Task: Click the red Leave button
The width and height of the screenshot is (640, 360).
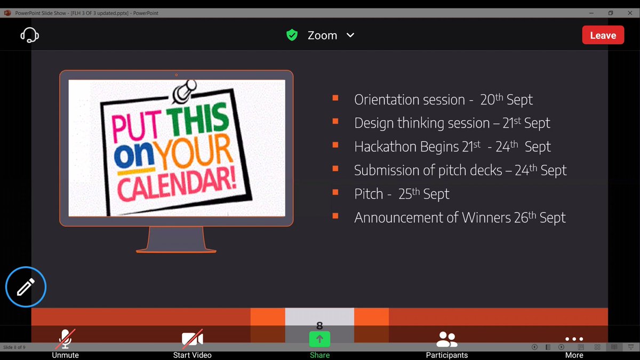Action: point(603,35)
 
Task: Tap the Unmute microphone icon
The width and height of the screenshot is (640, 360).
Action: point(66,339)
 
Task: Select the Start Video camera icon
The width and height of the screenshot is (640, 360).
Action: point(192,339)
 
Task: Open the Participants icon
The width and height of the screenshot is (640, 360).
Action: point(446,339)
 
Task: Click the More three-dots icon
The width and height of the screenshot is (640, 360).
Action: point(574,339)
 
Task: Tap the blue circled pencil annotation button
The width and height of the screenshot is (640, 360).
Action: point(26,287)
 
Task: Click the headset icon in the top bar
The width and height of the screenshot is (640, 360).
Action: point(29,35)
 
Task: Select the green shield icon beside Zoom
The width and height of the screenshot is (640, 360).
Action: point(292,35)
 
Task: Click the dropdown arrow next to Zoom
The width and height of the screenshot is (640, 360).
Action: point(350,35)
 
